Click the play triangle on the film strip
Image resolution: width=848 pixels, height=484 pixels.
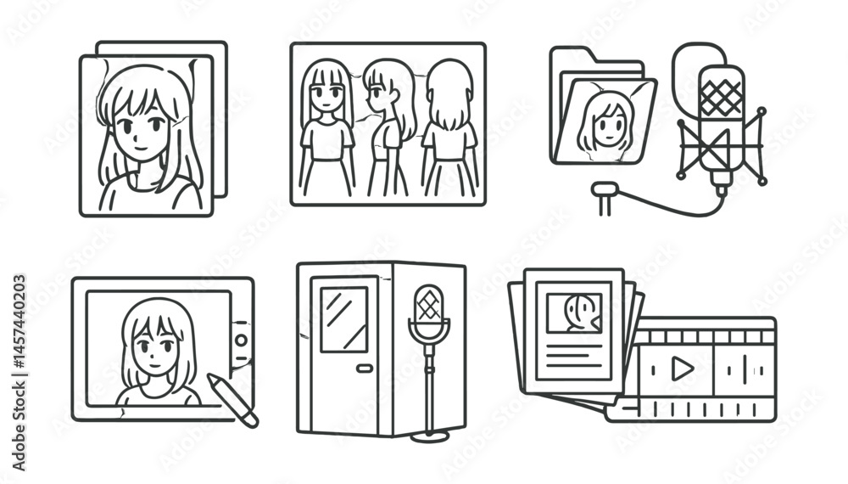(680, 369)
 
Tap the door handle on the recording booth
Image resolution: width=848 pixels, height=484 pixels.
(365, 369)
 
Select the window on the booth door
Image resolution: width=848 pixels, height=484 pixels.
(344, 319)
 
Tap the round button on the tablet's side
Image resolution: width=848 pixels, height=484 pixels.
(242, 340)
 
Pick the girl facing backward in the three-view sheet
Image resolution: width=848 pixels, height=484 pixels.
(449, 127)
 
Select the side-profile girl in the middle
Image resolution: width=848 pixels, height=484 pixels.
(388, 127)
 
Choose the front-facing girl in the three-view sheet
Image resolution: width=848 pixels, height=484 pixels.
(326, 127)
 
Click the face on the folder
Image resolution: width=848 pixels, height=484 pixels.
(605, 123)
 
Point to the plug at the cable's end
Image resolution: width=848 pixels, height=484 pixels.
(604, 194)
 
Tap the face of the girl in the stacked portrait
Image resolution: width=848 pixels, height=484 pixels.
(142, 127)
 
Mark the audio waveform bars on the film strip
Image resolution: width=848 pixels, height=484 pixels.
(744, 369)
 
